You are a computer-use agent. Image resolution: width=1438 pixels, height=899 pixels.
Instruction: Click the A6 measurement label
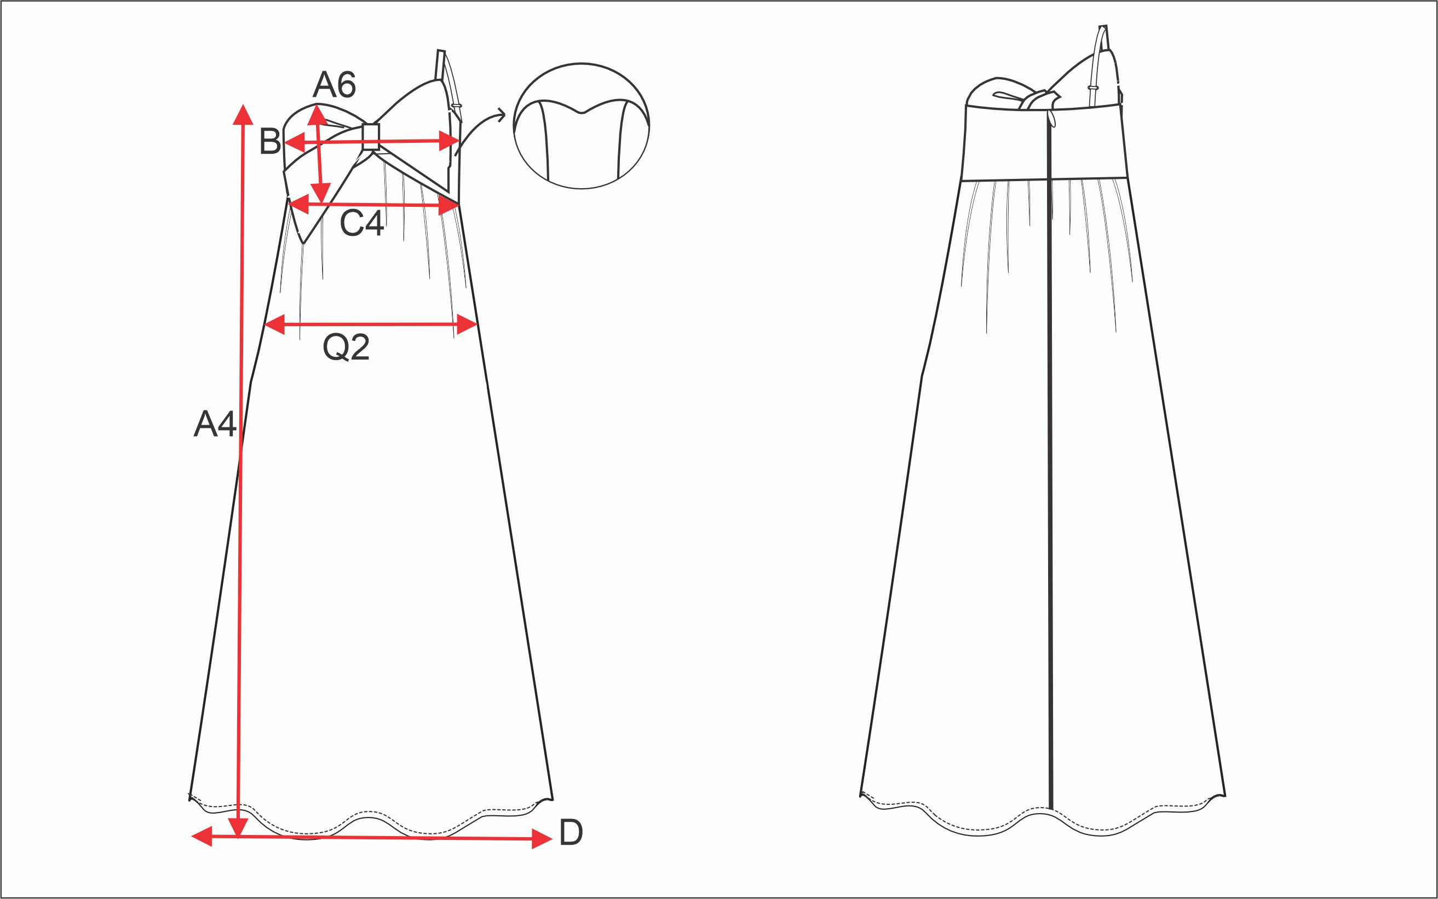click(335, 84)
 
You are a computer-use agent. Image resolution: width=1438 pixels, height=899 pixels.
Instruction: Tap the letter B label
click(270, 142)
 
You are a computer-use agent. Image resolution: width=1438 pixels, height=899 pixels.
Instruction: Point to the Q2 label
click(346, 347)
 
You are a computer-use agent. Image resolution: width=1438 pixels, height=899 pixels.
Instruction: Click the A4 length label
click(215, 425)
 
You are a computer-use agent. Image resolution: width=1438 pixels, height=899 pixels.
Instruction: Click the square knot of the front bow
click(371, 137)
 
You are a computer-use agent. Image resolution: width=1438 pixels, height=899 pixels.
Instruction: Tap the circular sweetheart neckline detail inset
click(581, 126)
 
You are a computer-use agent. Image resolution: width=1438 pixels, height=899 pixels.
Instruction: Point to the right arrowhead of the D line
click(542, 839)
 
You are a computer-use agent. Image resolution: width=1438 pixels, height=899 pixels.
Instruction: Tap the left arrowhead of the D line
click(202, 836)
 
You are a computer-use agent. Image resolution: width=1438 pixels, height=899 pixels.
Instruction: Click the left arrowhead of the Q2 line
click(274, 324)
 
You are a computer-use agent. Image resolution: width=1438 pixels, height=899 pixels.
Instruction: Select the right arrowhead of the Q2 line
click(468, 324)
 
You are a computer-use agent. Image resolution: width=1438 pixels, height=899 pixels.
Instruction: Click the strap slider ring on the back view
click(1093, 88)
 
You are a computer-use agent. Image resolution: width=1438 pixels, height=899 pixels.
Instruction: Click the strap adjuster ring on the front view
click(457, 106)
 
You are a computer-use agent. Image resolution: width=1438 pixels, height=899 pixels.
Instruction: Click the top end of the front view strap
click(441, 50)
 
